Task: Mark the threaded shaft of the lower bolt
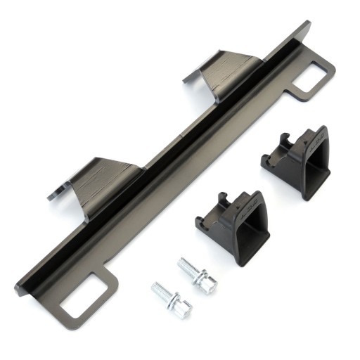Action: (161, 290)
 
